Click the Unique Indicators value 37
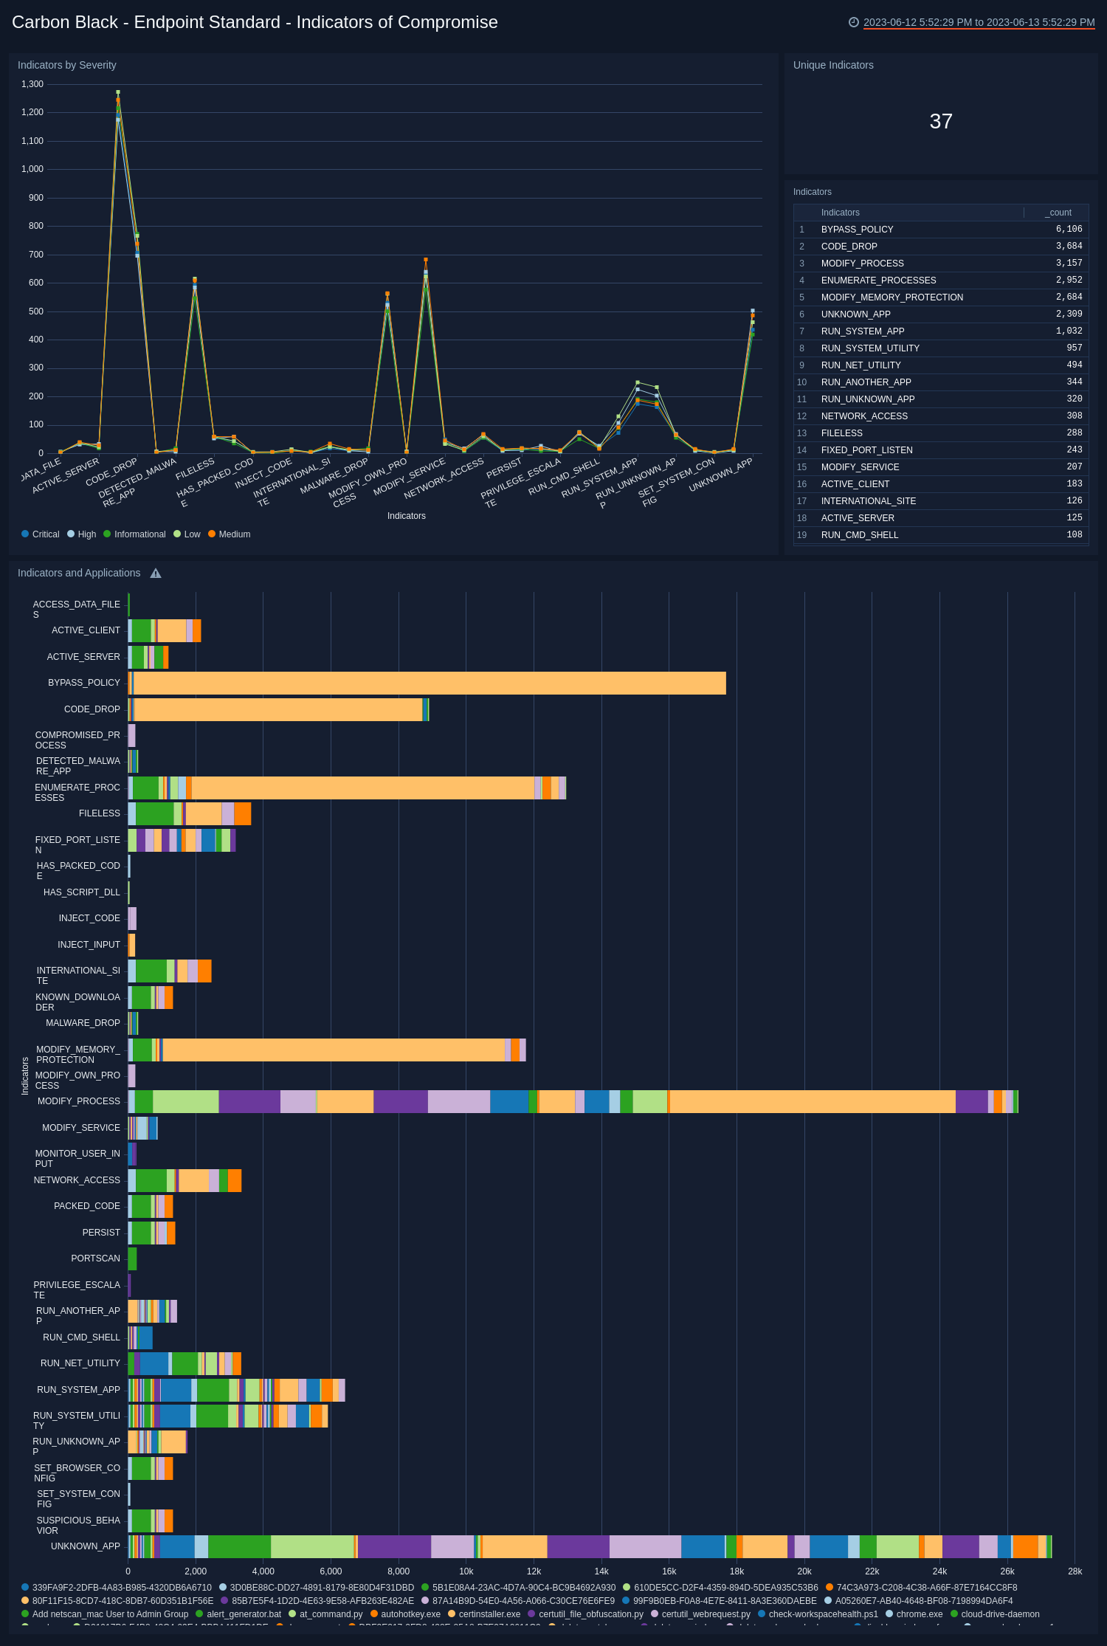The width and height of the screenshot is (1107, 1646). (941, 121)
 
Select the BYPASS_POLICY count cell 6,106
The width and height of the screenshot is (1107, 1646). (1068, 230)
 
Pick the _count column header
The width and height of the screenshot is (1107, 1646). (1059, 213)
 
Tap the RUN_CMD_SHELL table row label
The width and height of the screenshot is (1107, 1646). (859, 535)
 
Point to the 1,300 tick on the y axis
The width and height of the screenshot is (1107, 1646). (32, 84)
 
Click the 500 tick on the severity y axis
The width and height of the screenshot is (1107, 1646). (35, 311)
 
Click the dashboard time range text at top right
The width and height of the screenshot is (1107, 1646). (979, 22)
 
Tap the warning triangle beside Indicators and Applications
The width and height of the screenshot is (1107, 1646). (156, 574)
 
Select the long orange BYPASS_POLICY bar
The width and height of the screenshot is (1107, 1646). (428, 683)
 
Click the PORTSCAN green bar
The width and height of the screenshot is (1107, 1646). (132, 1258)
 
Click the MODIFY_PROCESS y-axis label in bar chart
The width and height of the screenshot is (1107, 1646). (78, 1101)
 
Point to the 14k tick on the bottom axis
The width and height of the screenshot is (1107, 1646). (601, 1571)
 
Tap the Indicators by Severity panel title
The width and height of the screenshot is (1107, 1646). (67, 65)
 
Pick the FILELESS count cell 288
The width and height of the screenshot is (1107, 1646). (1074, 433)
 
